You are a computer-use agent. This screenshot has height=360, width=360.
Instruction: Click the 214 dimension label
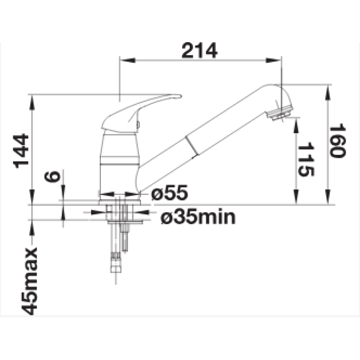200,50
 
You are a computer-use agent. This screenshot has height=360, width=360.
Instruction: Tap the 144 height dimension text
21,151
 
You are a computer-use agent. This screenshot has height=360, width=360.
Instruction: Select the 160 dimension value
337,140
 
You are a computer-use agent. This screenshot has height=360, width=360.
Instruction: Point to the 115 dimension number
306,159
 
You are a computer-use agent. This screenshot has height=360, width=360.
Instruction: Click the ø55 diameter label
170,192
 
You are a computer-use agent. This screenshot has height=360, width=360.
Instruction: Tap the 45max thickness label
29,281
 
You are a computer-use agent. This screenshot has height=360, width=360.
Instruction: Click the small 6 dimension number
52,176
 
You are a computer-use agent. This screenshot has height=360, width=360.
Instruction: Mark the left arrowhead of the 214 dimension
128,60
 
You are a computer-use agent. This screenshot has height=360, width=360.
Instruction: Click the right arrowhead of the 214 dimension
274,60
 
